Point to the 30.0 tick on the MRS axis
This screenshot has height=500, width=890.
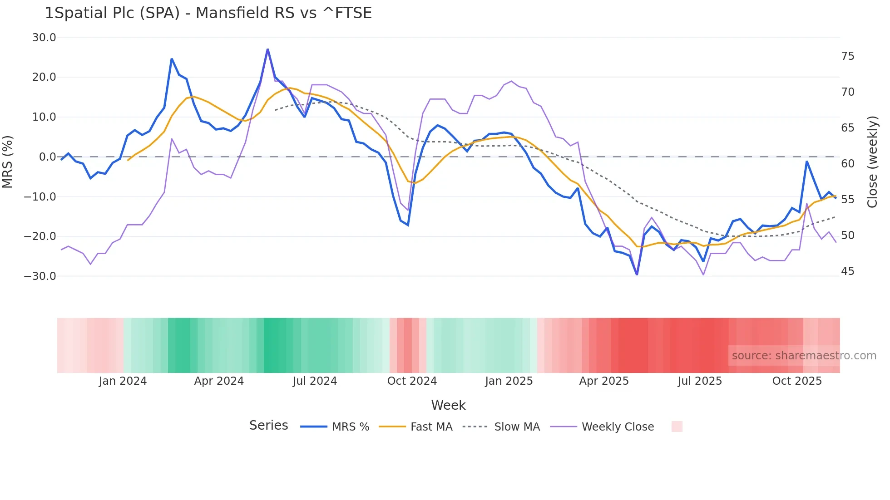click(x=44, y=38)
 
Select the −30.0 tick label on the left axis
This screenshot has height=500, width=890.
click(x=40, y=276)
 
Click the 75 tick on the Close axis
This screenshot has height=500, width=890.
click(x=847, y=56)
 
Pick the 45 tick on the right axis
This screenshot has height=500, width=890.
click(x=847, y=271)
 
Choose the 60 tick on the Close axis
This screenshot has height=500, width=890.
click(x=847, y=164)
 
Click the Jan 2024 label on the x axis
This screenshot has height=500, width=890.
click(x=123, y=381)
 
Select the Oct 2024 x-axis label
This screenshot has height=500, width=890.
click(x=412, y=381)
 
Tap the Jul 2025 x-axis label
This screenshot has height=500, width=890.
click(x=700, y=381)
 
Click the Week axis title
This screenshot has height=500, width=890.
click(x=448, y=405)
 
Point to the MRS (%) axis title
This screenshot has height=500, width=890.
click(x=8, y=162)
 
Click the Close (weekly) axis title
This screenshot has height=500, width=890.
click(x=872, y=162)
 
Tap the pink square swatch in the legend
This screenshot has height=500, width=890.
click(x=677, y=426)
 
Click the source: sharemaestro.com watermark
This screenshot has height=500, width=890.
click(x=804, y=356)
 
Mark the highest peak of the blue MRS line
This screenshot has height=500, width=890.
click(x=267, y=49)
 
